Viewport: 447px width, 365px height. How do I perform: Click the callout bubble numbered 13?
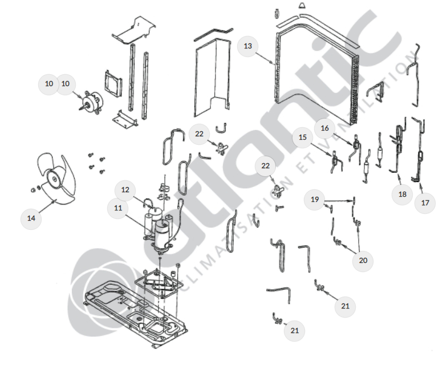pyautogui.click(x=247, y=46)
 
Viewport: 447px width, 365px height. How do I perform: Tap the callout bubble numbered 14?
pyautogui.click(x=31, y=218)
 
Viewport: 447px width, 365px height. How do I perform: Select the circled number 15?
pyautogui.click(x=302, y=137)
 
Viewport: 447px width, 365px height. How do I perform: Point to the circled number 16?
pyautogui.click(x=325, y=128)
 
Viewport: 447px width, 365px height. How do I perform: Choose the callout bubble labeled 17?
pyautogui.click(x=425, y=203)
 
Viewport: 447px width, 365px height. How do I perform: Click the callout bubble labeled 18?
pyautogui.click(x=402, y=194)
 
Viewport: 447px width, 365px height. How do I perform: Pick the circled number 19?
pyautogui.click(x=315, y=200)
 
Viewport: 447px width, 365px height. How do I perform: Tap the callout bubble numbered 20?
pyautogui.click(x=363, y=261)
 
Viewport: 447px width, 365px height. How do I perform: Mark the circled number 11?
pyautogui.click(x=118, y=208)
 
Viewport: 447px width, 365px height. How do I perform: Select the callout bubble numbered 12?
pyautogui.click(x=125, y=190)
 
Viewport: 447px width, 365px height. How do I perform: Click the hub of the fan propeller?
pyautogui.click(x=54, y=179)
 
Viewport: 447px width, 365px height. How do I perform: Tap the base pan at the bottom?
pyautogui.click(x=136, y=309)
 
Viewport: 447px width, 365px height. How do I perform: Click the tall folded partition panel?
pyautogui.click(x=212, y=77)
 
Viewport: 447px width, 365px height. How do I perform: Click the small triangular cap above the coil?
pyautogui.click(x=302, y=6)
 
